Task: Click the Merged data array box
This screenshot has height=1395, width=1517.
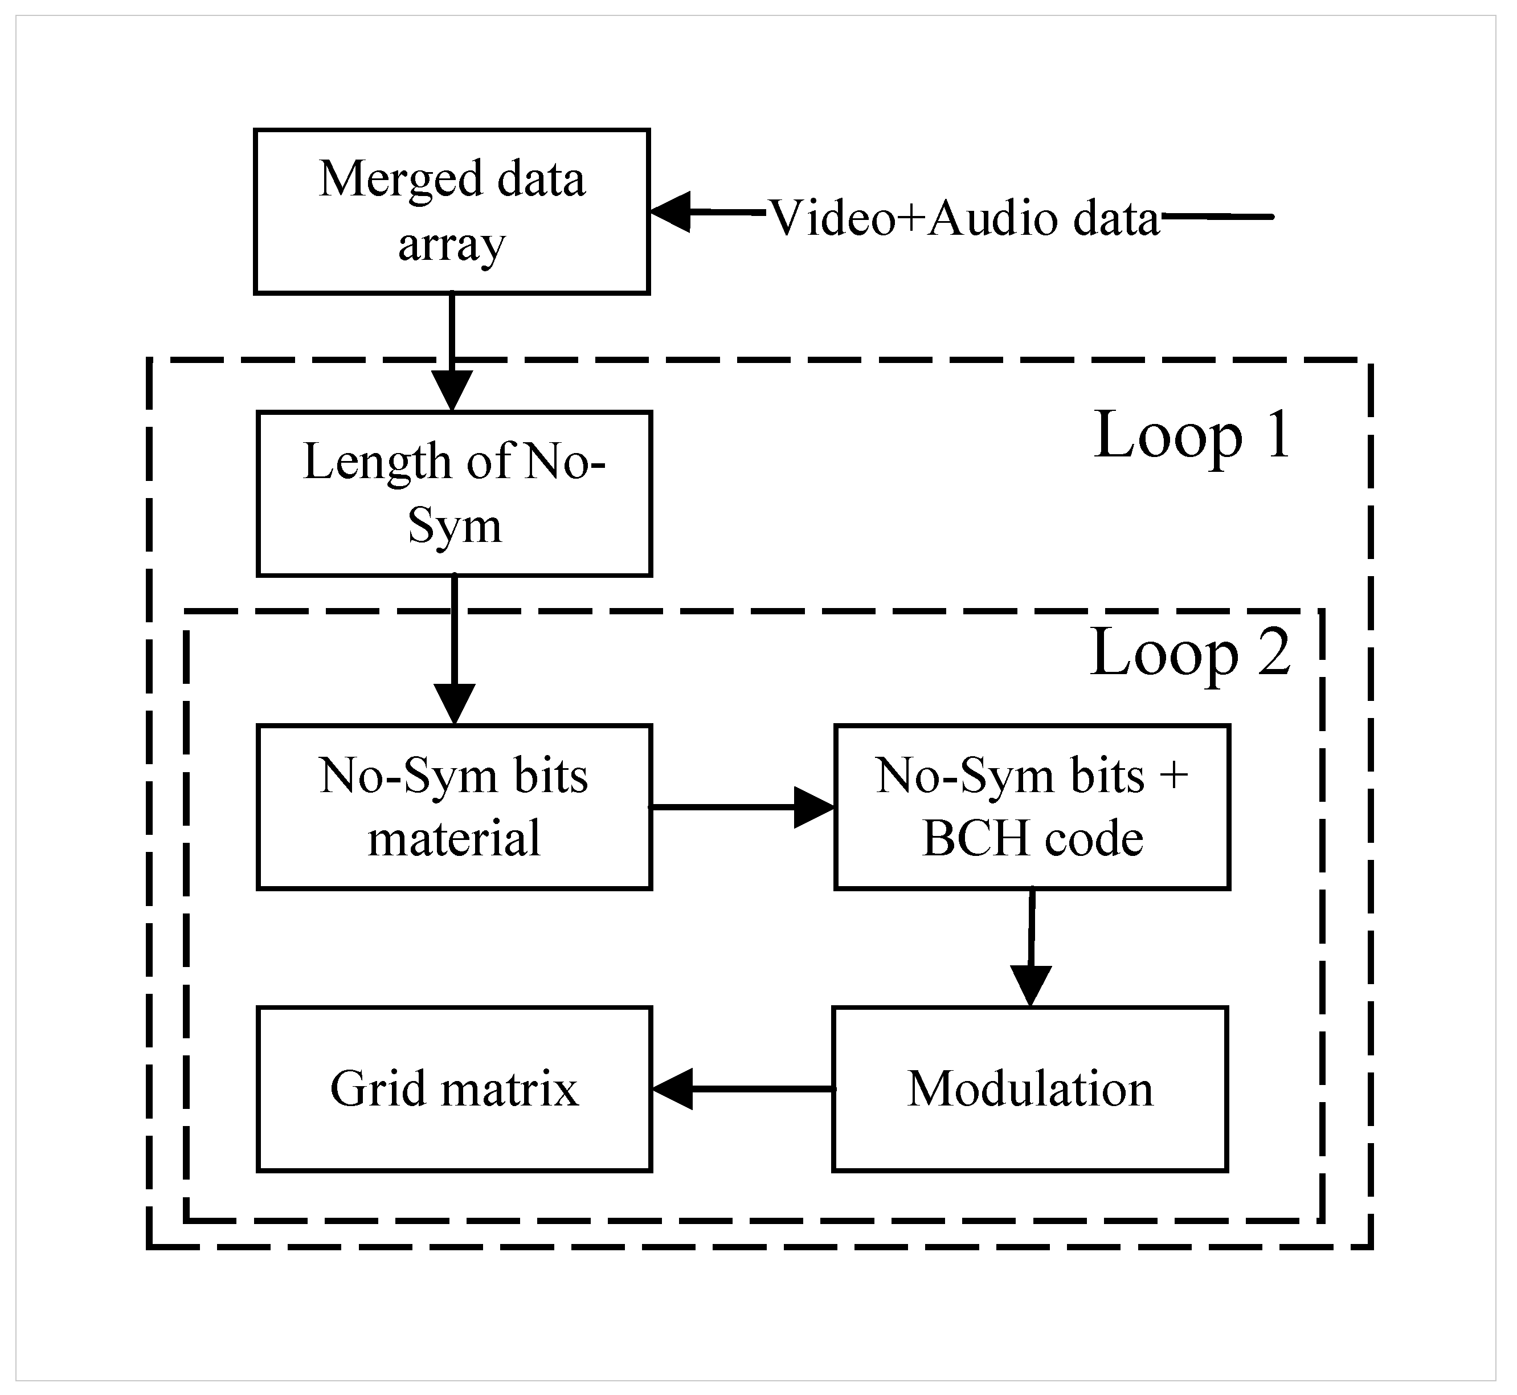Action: [451, 211]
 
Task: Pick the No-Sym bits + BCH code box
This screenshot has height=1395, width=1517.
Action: [1032, 807]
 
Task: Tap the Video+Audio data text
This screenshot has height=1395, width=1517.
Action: [964, 219]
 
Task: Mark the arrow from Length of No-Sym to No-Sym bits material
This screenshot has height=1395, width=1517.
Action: [455, 649]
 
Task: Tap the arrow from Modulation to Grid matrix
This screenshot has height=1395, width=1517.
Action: [743, 1090]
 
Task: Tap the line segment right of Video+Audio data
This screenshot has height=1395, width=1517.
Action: [1217, 217]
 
